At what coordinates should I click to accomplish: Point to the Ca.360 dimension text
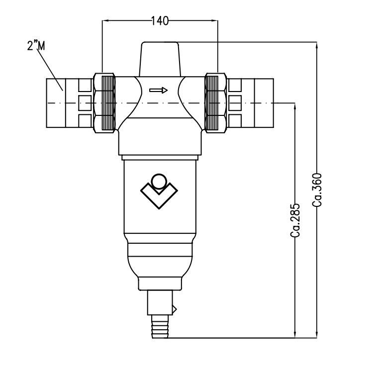(x=319, y=189)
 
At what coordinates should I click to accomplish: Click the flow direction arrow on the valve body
(x=159, y=91)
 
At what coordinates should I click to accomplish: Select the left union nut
(x=105, y=102)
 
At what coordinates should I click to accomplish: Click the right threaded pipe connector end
(x=258, y=102)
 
